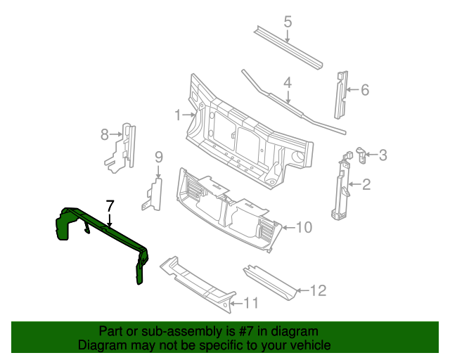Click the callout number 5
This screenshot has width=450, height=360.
(288, 22)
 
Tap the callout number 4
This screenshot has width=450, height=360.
(288, 83)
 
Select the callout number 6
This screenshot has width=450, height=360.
(364, 89)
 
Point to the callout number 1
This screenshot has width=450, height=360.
(179, 114)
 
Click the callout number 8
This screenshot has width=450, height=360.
(105, 134)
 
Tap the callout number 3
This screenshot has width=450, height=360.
(382, 155)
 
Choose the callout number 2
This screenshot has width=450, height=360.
(366, 185)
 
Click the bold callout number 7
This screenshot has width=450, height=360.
(109, 206)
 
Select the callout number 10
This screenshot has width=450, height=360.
(304, 226)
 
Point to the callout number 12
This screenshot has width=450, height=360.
(319, 289)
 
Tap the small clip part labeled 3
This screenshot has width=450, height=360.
(360, 155)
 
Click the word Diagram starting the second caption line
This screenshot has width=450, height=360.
(101, 346)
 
